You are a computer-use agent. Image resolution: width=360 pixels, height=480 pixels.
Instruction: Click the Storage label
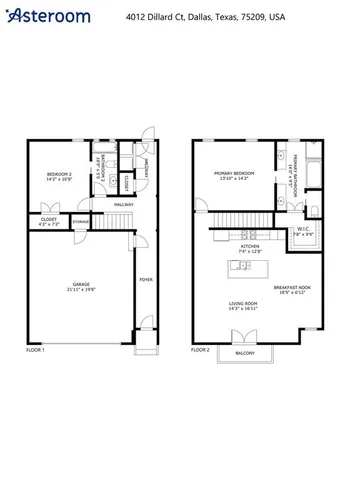point(81,222)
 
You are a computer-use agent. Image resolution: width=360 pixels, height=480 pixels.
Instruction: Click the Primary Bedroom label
point(235,176)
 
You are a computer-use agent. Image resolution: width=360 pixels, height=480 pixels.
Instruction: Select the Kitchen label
point(250,247)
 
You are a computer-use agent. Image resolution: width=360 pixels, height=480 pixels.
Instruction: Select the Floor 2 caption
point(200,349)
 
